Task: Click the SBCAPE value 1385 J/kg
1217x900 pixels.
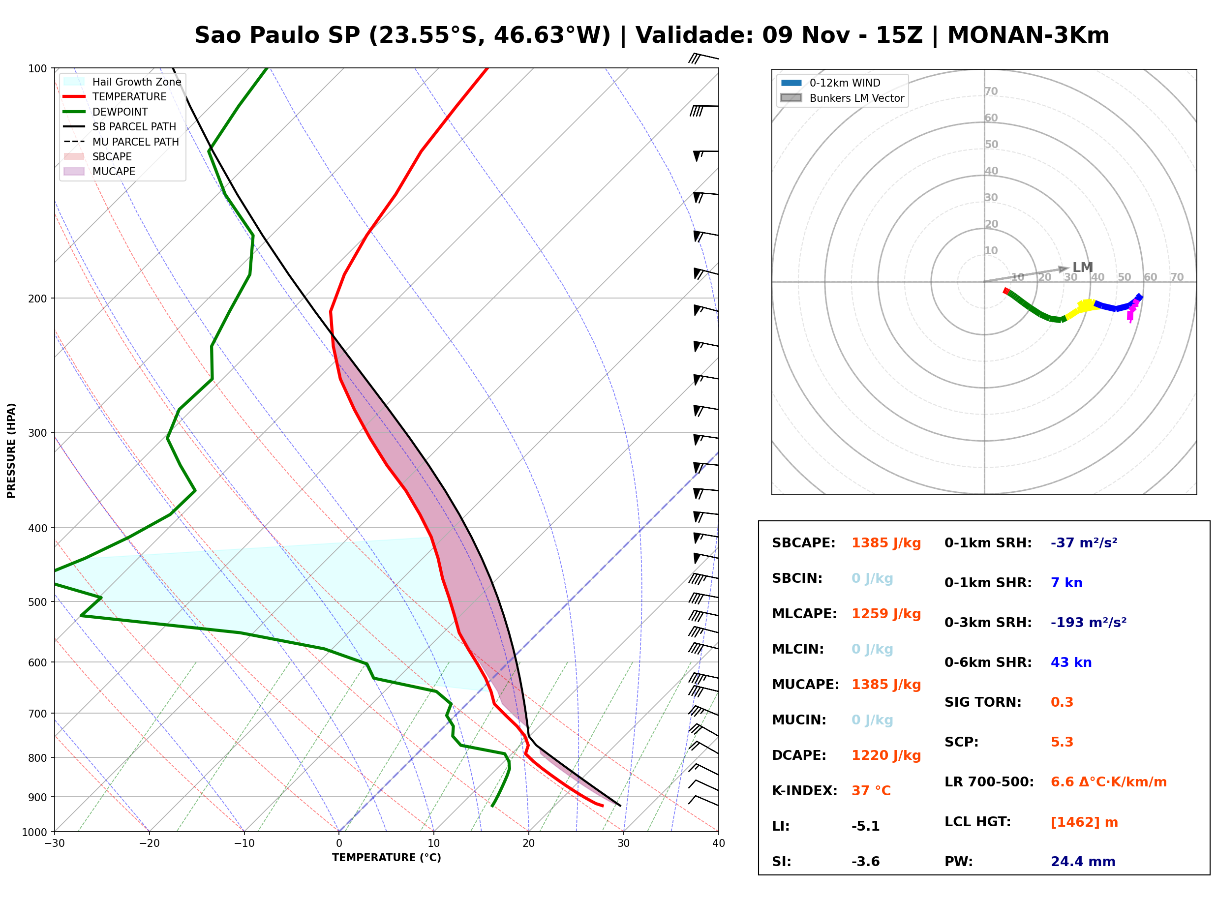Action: [x=886, y=543]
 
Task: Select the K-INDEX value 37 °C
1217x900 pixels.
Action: [x=871, y=790]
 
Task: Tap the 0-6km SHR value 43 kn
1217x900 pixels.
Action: [x=1071, y=662]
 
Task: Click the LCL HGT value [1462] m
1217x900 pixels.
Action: [x=1084, y=822]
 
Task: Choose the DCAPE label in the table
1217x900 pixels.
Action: [x=798, y=755]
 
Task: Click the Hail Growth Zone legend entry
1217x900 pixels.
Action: [x=122, y=82]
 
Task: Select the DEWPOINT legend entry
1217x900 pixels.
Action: [x=106, y=112]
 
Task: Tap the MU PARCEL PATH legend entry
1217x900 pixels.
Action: [x=121, y=142]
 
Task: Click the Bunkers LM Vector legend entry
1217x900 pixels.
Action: [x=842, y=98]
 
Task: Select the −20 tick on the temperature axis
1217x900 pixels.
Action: [x=149, y=843]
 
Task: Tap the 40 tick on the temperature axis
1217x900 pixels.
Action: [x=719, y=843]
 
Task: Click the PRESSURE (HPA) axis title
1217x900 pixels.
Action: [x=11, y=450]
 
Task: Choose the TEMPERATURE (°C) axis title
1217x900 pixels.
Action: [x=387, y=858]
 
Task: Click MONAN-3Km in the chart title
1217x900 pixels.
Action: [x=1028, y=35]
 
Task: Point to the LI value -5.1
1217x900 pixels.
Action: [x=866, y=826]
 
